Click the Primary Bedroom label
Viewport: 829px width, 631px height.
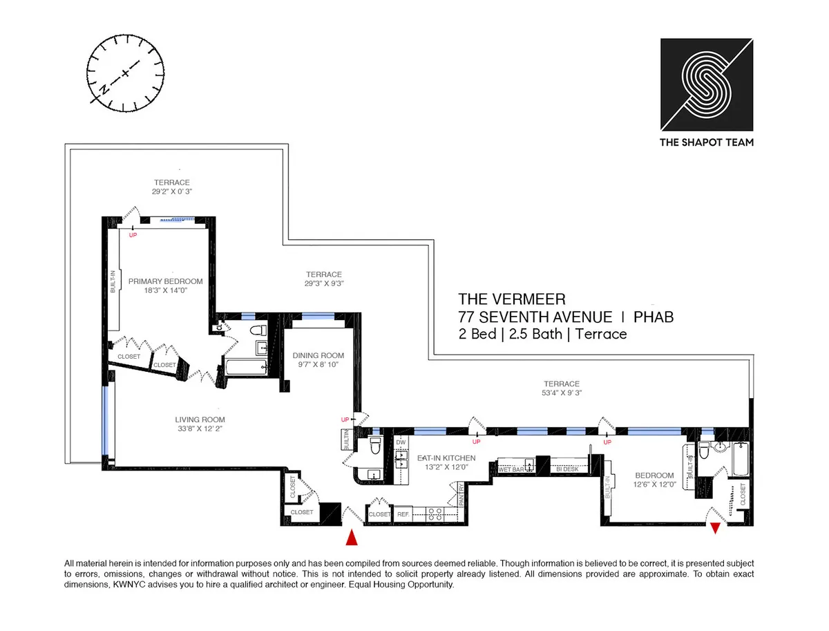[x=165, y=281]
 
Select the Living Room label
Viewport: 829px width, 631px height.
[x=200, y=420]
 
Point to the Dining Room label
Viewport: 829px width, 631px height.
[x=318, y=356]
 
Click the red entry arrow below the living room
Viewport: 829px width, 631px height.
[x=352, y=536]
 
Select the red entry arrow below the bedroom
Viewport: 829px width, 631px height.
[x=716, y=529]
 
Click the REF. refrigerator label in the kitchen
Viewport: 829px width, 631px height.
[x=403, y=514]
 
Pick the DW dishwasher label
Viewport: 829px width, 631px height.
[x=401, y=442]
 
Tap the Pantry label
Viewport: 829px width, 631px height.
[x=461, y=498]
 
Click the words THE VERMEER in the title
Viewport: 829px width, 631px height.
[x=512, y=299]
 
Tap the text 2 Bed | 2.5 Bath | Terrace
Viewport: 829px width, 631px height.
[x=542, y=335]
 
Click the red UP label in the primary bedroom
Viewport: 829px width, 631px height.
[x=133, y=235]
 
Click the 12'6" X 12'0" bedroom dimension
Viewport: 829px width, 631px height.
[x=654, y=484]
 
